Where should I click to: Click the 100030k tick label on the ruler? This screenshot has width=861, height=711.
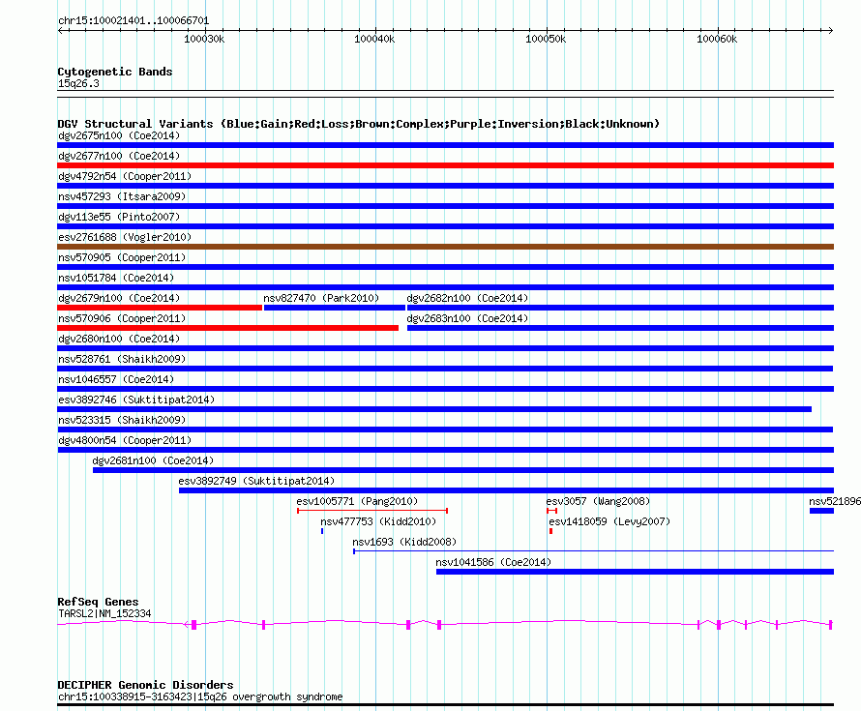[x=203, y=39]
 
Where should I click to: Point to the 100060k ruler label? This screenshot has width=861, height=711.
[x=717, y=39]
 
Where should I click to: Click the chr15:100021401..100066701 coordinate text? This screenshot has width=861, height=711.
[x=134, y=20]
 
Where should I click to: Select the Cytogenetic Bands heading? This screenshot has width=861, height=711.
[x=115, y=72]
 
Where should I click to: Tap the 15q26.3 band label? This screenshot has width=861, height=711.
[x=78, y=83]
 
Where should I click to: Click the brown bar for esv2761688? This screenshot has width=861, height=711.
[x=445, y=247]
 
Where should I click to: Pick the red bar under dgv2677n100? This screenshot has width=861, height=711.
[x=445, y=165]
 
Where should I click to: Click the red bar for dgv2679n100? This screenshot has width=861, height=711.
[x=160, y=308]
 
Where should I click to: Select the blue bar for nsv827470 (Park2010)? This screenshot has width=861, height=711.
[x=334, y=308]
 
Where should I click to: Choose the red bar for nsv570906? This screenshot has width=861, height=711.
[x=227, y=328]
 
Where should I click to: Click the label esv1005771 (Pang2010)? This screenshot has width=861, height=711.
[x=356, y=501]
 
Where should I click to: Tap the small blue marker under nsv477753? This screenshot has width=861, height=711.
[x=322, y=531]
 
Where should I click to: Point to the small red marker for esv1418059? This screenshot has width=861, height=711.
[x=550, y=531]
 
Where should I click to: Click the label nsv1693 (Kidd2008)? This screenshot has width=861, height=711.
[x=404, y=542]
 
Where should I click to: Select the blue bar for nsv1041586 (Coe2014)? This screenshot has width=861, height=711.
[x=635, y=572]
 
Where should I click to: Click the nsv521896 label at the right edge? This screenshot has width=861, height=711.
[x=834, y=501]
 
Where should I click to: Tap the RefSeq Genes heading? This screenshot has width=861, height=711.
[x=98, y=602]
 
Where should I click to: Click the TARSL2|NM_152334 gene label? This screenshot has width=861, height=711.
[x=104, y=613]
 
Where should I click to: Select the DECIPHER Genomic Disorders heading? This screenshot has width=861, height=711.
[x=145, y=685]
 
